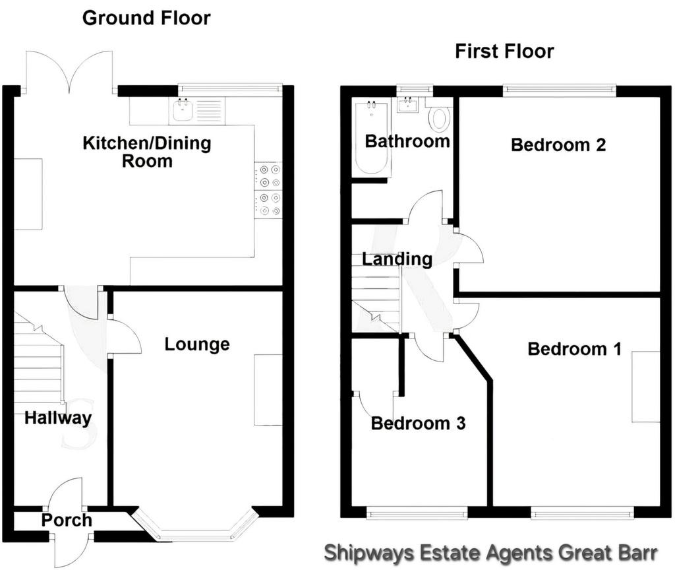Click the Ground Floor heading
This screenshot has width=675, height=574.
coord(146,18)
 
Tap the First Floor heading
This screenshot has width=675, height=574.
coord(504,51)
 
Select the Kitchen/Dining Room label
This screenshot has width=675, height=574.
coord(147,152)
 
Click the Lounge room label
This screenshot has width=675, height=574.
coord(197,344)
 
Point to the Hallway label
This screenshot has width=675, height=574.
coord(58,418)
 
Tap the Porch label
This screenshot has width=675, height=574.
coord(67,520)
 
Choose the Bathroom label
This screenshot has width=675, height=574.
coord(407,141)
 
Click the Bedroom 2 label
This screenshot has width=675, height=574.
coord(558,144)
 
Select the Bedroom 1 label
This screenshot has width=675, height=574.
coord(575,349)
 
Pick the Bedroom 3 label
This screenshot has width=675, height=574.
coord(419,423)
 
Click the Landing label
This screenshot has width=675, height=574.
coord(397,259)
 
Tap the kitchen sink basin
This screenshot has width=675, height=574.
coord(183,110)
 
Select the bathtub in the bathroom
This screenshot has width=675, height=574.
coord(371,137)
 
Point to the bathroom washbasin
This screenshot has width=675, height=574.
coord(407,105)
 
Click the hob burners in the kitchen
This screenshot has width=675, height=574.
coord(268,190)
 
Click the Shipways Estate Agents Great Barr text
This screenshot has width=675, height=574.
coord(490,553)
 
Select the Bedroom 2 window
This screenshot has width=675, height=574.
coord(560,90)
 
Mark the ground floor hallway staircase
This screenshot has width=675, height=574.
coord(39,358)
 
